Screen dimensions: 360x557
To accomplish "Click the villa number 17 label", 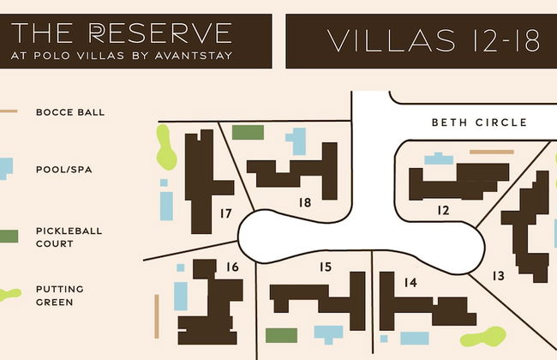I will coord(226,213).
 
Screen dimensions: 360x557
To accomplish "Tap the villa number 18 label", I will coord(304,202).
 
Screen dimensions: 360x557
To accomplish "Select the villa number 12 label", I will coord(443,210).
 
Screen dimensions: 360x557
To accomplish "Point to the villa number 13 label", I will coord(499,275).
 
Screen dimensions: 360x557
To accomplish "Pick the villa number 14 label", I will coord(410,282).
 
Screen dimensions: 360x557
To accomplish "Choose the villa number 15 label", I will coord(325,267).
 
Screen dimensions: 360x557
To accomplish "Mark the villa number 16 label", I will coord(232,267).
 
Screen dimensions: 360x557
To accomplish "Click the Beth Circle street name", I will coord(479,123).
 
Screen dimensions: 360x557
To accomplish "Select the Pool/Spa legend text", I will coord(63,170).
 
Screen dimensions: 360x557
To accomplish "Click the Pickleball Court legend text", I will coord(67,237).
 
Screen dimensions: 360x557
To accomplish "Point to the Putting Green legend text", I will coord(60,296).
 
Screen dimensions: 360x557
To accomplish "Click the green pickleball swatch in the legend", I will coord(9,236).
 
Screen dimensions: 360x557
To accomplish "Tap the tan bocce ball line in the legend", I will coord(9,111).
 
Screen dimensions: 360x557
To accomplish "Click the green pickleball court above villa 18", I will coord(248,133).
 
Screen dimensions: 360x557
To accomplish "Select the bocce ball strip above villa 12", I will coord(492,152).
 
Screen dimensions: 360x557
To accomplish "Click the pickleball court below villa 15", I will coord(281,335).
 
